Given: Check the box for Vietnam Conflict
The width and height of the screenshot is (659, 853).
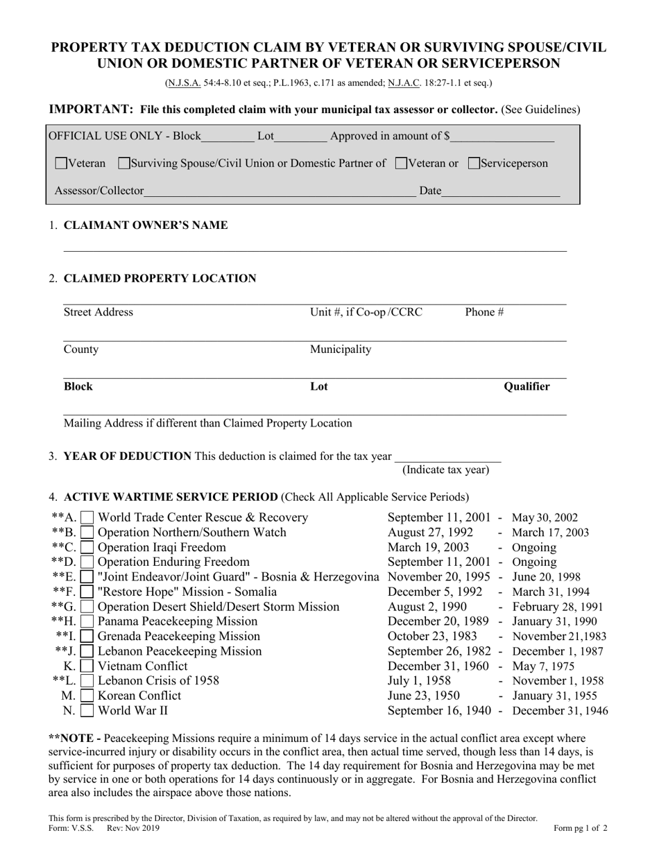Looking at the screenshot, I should point(87,666).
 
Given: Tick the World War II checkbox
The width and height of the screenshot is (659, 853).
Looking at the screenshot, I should point(87,710).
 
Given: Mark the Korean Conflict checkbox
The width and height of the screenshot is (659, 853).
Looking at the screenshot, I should point(87,696).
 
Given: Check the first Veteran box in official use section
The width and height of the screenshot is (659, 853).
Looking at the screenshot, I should point(61,164).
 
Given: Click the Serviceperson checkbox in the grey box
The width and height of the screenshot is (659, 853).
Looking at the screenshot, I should point(474,164).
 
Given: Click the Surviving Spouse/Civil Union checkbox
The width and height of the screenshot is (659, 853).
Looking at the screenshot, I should point(124,164).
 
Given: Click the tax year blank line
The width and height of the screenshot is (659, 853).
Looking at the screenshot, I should point(447,456).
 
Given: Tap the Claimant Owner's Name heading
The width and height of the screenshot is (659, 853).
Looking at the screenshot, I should point(145,225).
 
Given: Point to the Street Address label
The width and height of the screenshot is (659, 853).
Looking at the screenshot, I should point(98,312).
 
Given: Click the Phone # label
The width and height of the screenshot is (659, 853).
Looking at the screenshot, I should point(484,312).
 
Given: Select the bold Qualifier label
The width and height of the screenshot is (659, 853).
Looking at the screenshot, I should point(527,386).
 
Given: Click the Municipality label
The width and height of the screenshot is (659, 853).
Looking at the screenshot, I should point(340,349).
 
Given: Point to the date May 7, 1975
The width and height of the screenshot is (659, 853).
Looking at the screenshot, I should point(542,666).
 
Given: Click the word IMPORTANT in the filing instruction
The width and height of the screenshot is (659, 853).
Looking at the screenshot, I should point(90,109).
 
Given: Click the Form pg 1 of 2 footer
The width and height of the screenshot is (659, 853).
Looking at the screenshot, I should point(580,827).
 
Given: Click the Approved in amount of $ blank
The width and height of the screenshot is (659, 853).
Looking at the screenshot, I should point(502,137).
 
